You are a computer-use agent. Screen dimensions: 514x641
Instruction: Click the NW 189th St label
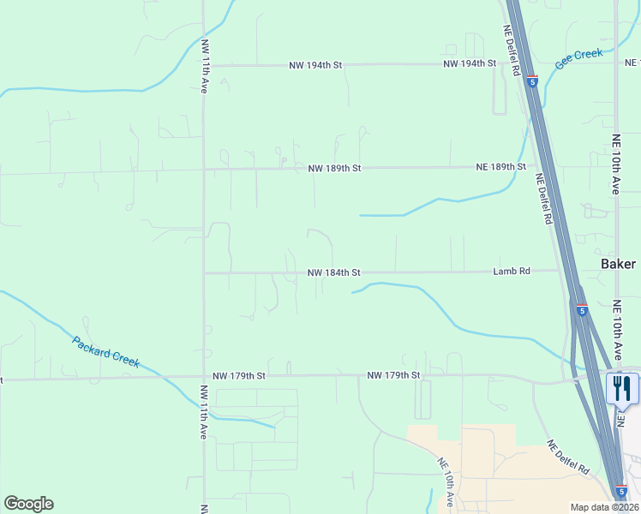click(x=334, y=169)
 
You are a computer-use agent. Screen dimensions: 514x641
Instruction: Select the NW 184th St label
click(x=334, y=272)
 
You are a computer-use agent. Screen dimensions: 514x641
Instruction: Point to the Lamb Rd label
click(x=512, y=271)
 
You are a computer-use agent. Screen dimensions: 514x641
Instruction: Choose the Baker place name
click(x=618, y=264)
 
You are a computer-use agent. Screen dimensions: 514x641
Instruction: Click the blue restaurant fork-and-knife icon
click(x=622, y=388)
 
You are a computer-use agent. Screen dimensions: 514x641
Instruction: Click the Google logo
click(x=28, y=504)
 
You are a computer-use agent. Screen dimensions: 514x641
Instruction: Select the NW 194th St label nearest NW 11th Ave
click(x=315, y=65)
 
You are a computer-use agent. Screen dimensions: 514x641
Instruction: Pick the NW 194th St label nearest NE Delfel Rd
click(x=470, y=64)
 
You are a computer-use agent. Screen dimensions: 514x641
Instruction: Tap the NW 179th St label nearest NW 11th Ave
click(x=240, y=375)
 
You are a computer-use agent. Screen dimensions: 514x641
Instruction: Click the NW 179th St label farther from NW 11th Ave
click(x=393, y=375)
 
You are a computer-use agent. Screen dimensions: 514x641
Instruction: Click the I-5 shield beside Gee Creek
click(x=532, y=82)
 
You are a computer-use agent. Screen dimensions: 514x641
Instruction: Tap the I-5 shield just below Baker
click(x=581, y=310)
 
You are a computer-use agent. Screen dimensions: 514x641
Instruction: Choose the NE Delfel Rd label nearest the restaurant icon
click(x=568, y=458)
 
